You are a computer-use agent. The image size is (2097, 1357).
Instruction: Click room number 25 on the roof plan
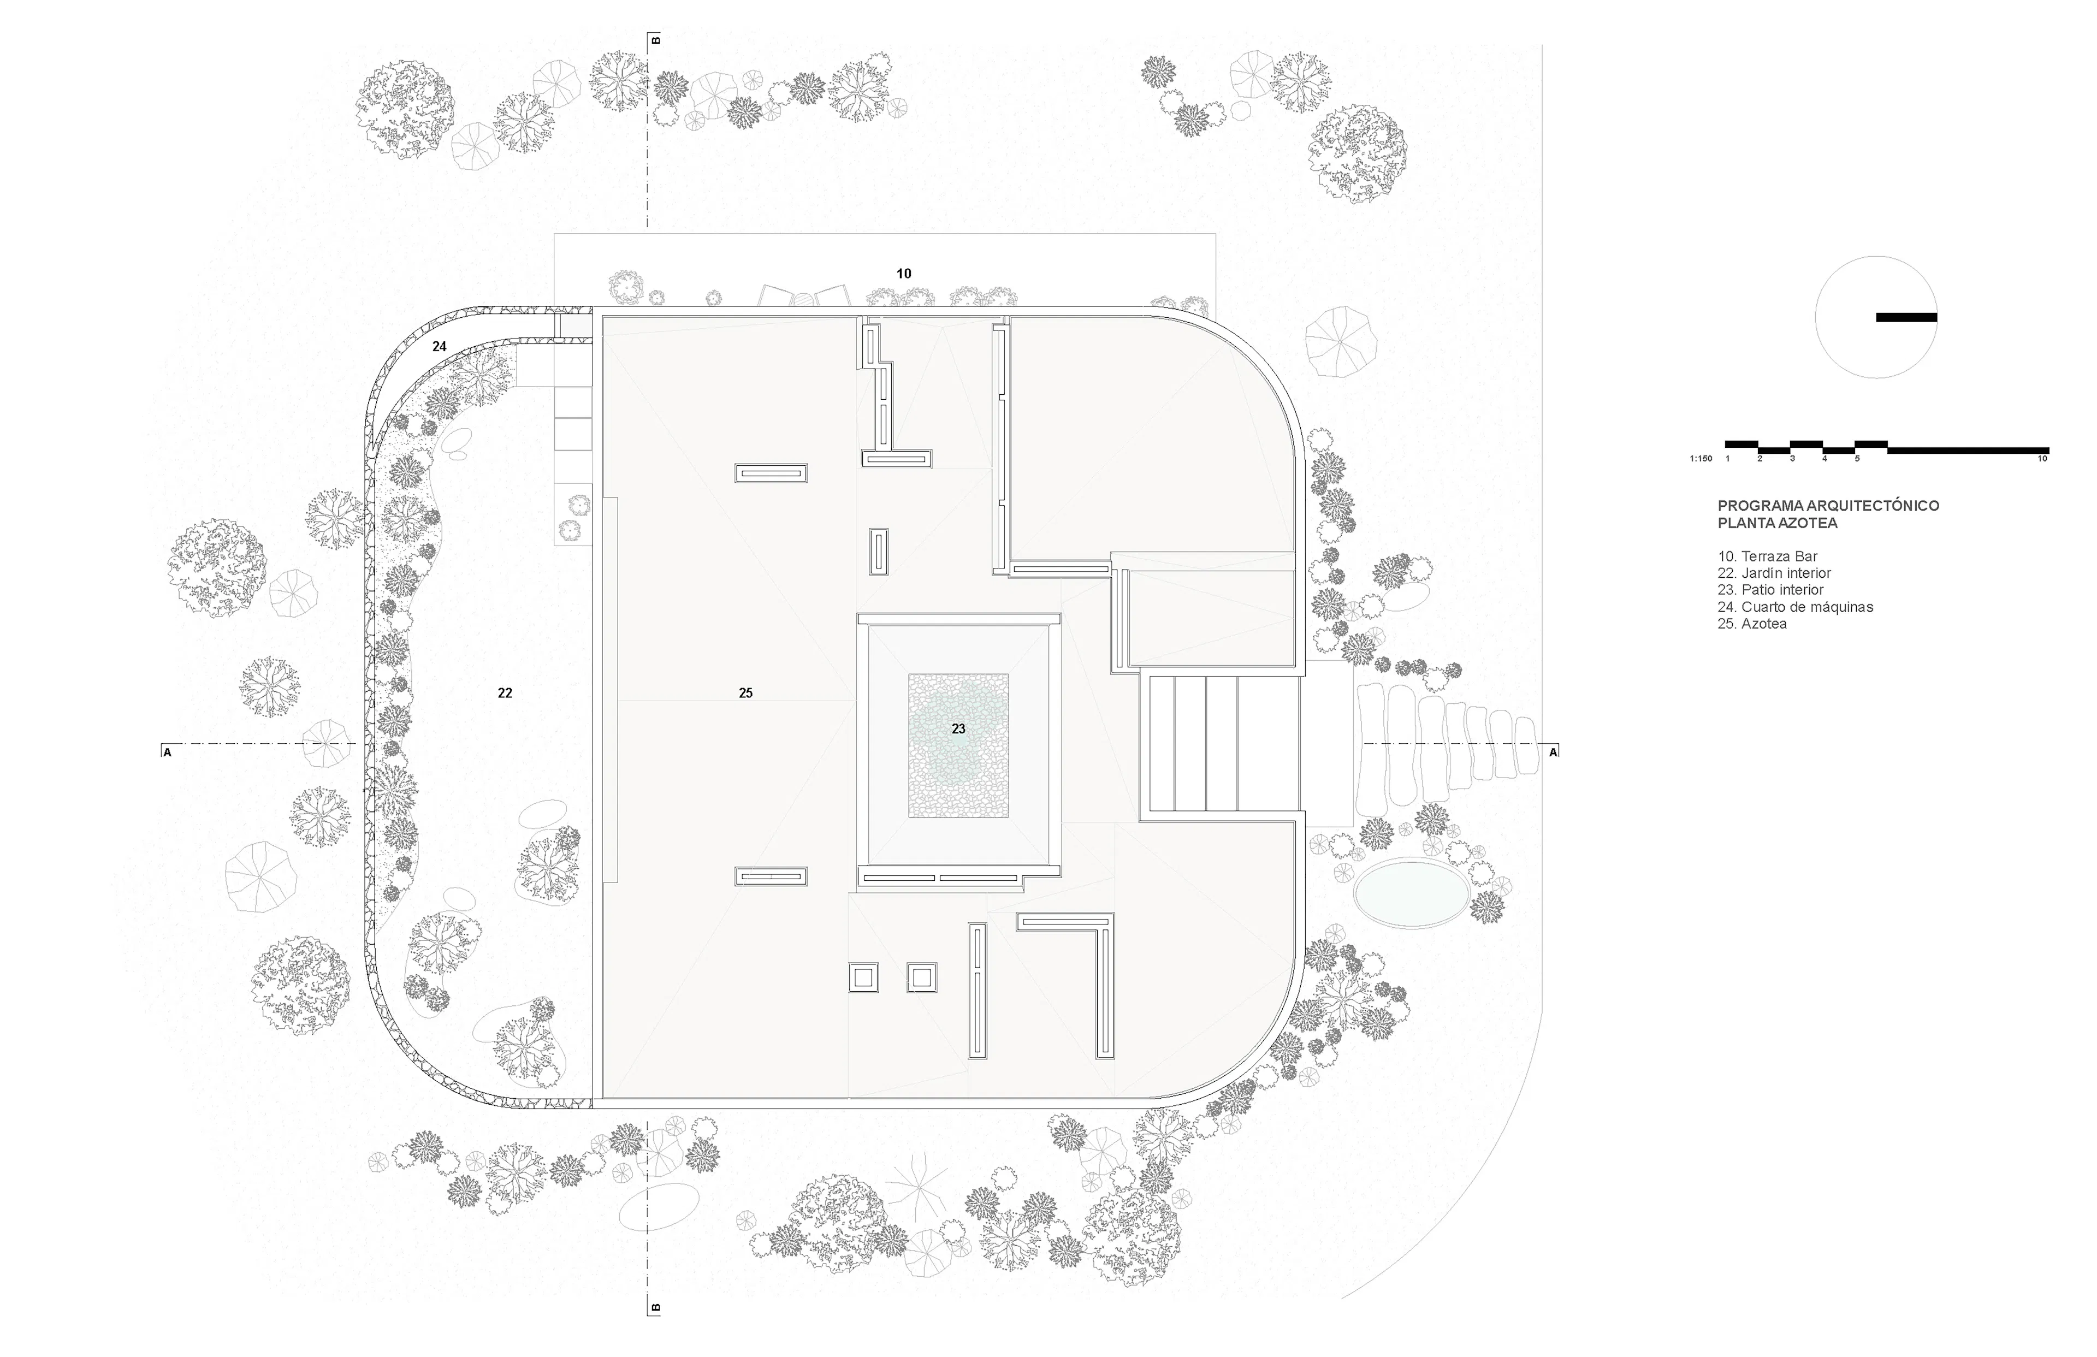[745, 694]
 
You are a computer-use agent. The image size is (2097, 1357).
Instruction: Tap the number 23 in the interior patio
[958, 728]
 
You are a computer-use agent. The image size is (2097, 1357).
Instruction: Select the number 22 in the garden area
[505, 694]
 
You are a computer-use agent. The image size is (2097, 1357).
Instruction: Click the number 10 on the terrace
[904, 274]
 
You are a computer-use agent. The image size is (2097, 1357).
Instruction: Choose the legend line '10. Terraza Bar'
[1768, 556]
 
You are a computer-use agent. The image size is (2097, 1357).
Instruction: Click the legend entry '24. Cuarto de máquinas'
[1795, 606]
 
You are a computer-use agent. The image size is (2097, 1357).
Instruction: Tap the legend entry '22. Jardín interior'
[1774, 573]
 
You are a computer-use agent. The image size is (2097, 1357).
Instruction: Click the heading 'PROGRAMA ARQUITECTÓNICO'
[1828, 506]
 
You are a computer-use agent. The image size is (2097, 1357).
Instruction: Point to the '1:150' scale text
[1701, 459]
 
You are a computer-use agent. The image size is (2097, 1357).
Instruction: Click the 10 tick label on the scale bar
[2042, 459]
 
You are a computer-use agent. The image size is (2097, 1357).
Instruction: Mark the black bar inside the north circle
[1906, 317]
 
